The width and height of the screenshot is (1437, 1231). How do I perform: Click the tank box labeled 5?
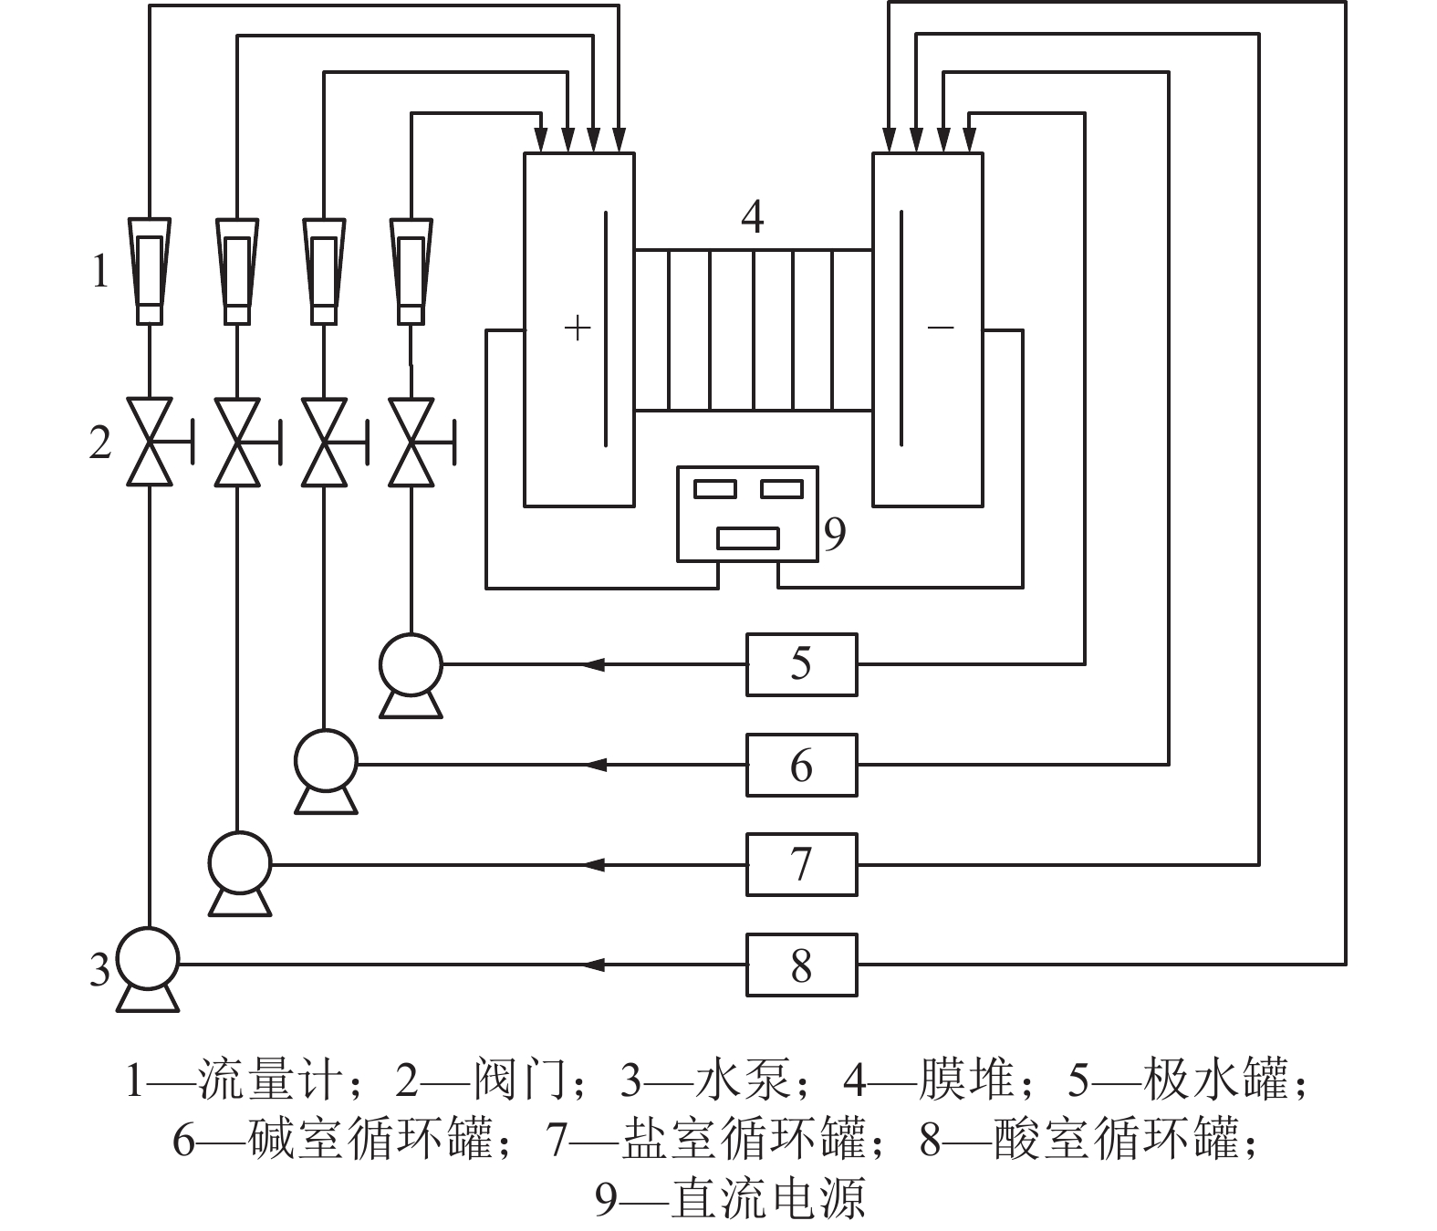(801, 664)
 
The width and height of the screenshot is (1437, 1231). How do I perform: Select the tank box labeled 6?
(801, 765)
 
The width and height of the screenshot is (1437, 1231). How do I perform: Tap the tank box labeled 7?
(801, 864)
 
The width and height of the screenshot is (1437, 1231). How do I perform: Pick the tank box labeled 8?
(801, 965)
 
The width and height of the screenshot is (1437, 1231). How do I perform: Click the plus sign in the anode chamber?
(578, 328)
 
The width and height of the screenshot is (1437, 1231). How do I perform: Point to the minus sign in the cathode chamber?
(940, 327)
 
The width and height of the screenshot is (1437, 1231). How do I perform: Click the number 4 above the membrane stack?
(753, 217)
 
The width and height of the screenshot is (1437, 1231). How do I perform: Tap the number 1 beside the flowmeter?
(100, 271)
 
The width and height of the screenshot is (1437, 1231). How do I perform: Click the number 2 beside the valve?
(100, 443)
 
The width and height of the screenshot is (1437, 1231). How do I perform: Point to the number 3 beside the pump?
(99, 969)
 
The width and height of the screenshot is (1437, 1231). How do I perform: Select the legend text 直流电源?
(766, 1199)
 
